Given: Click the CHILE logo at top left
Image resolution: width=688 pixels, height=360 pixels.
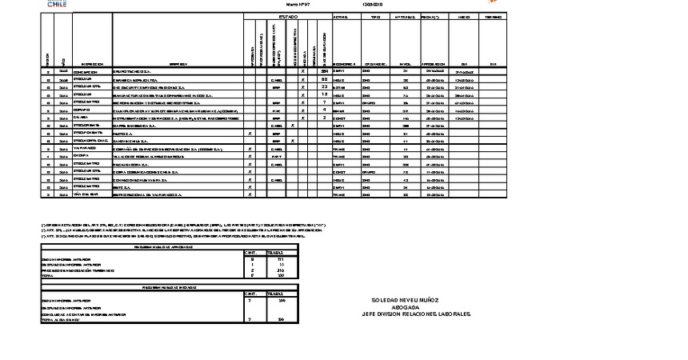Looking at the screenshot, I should click(57, 4).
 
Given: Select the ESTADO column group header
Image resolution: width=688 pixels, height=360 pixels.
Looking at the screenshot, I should click(289, 16).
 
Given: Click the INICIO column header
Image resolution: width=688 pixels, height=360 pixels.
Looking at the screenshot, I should click(463, 16).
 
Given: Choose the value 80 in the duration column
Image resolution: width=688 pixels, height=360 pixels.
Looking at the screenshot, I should click(324, 79).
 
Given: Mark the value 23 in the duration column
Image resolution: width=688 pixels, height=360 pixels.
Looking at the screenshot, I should click(324, 87).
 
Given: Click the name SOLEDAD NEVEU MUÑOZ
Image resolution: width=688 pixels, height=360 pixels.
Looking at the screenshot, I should click(405, 300).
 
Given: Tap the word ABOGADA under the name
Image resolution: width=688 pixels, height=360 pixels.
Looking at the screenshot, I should click(405, 307).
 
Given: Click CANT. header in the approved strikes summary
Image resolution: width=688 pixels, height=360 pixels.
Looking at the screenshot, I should click(252, 253).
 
